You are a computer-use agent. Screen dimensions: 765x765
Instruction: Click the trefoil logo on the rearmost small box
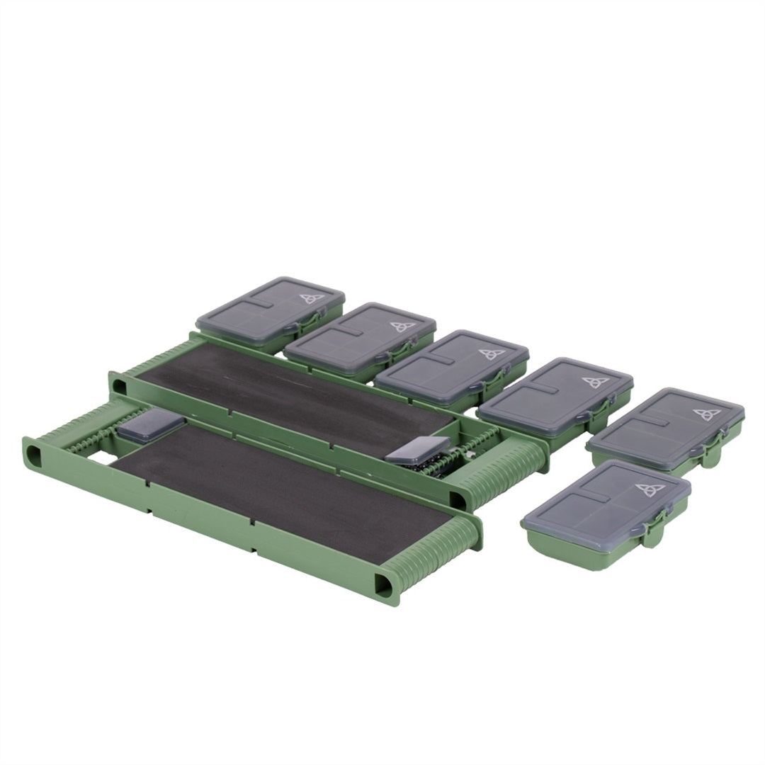tap(311, 298)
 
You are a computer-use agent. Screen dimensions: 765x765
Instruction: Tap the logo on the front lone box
tap(647, 490)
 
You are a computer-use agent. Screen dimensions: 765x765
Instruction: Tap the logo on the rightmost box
tap(703, 414)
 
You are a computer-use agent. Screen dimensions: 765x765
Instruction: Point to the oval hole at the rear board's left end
tap(119, 384)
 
